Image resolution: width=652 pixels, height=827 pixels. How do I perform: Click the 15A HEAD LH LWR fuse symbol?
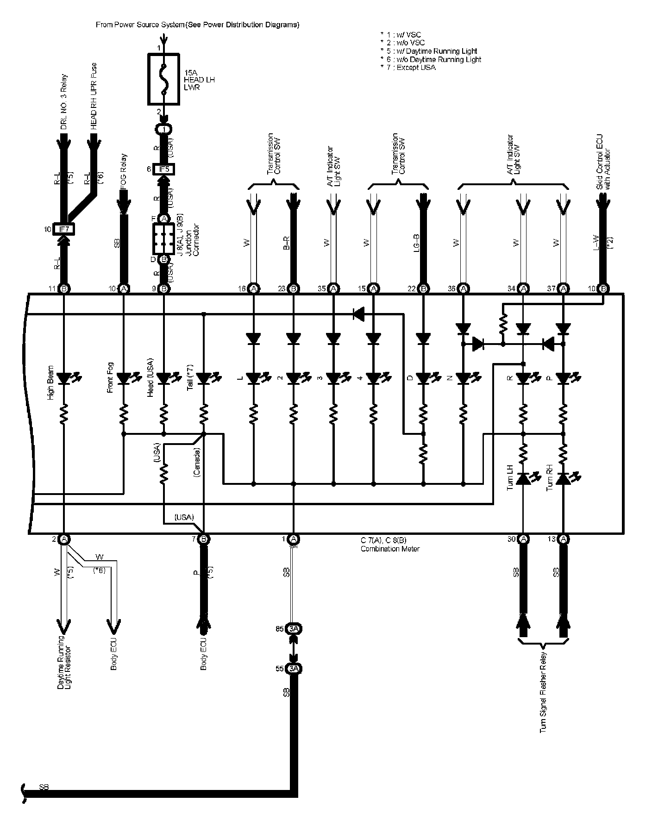click(163, 79)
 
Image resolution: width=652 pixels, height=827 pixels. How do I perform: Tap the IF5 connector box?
click(163, 169)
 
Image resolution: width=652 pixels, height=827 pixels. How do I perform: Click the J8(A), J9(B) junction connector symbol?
click(163, 239)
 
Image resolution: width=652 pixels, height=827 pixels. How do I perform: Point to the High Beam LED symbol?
click(64, 379)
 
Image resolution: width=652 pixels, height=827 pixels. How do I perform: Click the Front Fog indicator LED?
click(124, 379)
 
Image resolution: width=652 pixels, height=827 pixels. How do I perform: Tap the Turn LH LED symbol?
click(523, 479)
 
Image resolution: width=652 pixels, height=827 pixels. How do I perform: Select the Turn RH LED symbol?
click(563, 479)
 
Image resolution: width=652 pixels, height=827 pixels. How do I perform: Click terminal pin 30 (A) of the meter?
click(523, 539)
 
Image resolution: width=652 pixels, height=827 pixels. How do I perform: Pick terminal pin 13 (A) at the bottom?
click(563, 539)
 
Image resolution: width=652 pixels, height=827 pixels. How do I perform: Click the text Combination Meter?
click(390, 549)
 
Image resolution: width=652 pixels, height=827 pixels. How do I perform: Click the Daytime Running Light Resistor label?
click(64, 662)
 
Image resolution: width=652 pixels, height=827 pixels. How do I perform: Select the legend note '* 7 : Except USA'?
click(407, 68)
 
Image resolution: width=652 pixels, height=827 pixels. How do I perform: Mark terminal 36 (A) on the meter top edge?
click(463, 288)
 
